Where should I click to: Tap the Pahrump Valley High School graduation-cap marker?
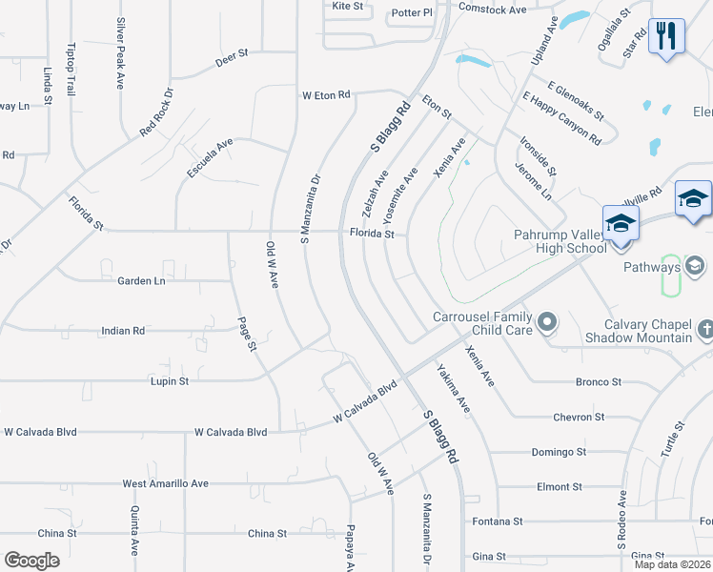click(621, 225)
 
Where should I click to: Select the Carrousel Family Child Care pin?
click(547, 324)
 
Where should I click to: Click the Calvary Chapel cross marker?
click(704, 330)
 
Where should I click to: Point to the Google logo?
click(31, 560)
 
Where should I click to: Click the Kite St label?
click(348, 6)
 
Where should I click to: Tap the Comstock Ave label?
click(492, 10)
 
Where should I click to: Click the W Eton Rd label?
click(327, 95)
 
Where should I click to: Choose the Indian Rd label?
click(123, 331)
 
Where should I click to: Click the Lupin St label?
click(170, 380)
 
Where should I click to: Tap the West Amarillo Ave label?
click(165, 483)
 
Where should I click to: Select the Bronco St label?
click(598, 381)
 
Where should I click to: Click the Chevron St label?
click(579, 417)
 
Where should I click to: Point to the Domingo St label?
click(559, 452)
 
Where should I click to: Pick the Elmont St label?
click(553, 486)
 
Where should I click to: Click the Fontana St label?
click(498, 521)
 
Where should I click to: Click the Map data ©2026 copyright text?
click(672, 564)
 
